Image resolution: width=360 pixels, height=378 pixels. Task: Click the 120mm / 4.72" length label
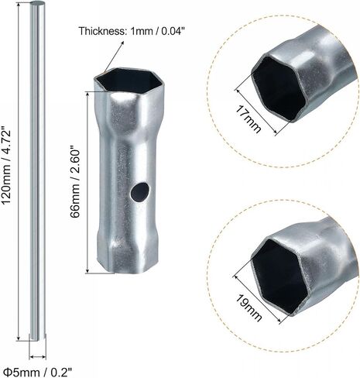(x=6, y=166)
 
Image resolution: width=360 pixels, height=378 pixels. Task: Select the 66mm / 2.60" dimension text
(x=75, y=183)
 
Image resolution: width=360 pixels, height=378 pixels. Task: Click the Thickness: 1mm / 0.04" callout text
(x=132, y=31)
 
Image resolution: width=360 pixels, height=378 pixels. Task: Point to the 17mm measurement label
(x=249, y=119)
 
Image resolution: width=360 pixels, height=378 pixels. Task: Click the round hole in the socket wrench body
(x=139, y=192)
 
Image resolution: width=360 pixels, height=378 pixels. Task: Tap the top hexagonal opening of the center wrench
(x=128, y=80)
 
